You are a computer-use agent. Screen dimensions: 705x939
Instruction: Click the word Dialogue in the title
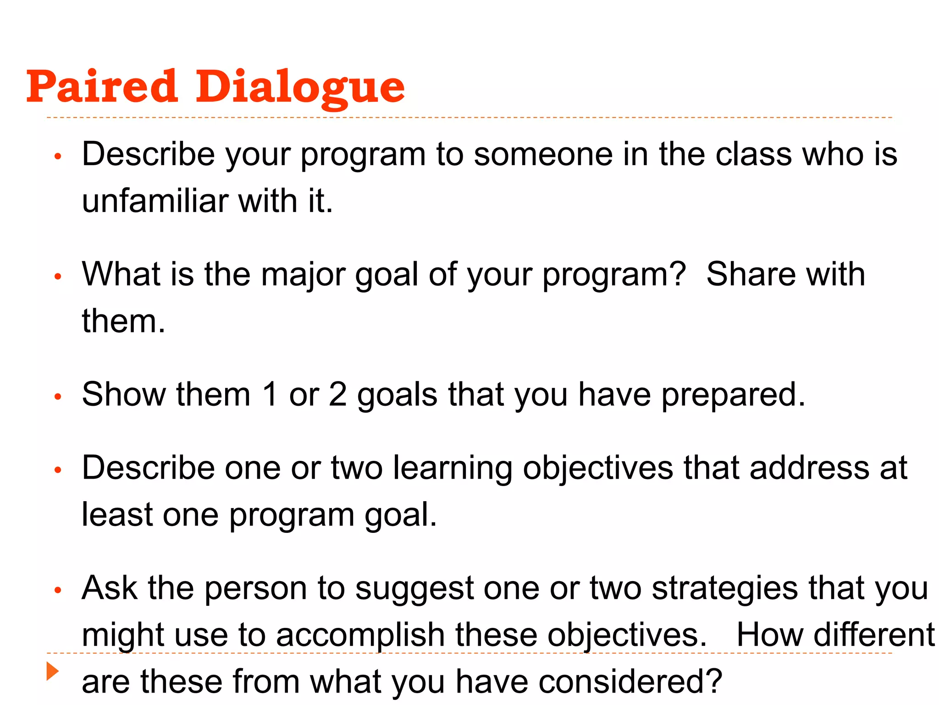coord(300,87)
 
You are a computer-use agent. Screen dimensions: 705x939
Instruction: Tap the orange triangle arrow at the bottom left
coord(53,671)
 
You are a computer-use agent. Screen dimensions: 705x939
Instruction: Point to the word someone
coord(543,154)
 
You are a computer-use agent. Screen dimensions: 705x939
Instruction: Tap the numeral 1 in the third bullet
coord(270,394)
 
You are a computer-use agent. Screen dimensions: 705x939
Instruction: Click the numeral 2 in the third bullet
coord(338,394)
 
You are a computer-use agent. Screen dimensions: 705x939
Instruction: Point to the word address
coord(809,468)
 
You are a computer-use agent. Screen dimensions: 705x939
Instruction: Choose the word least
coord(117,515)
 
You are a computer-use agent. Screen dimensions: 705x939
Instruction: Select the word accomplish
coord(360,636)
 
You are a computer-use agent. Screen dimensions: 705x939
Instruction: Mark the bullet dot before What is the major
coord(58,276)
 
